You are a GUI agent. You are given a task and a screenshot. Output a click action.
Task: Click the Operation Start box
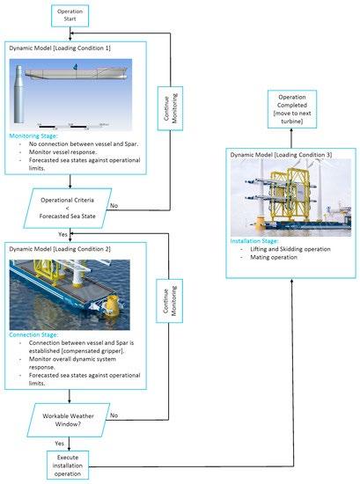click(70, 16)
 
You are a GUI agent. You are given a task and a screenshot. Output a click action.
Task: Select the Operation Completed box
click(291, 109)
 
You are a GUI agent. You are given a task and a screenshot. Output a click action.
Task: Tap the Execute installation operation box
click(68, 466)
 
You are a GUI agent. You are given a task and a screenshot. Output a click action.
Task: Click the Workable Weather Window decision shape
click(69, 420)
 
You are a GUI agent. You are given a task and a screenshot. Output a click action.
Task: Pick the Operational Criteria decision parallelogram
click(68, 208)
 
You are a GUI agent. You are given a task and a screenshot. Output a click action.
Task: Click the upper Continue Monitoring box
click(170, 108)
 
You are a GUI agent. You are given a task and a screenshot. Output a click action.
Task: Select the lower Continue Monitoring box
click(169, 301)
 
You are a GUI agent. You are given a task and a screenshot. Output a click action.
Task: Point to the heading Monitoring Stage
click(33, 136)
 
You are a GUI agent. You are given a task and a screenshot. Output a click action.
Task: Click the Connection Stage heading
click(33, 335)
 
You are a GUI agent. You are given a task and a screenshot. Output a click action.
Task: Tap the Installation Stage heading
click(254, 241)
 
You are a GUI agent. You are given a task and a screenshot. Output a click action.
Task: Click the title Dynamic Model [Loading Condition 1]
click(60, 48)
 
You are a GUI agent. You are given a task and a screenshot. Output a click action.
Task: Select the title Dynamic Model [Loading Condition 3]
click(281, 155)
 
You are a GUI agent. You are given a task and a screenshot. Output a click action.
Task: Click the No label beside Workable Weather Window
click(114, 415)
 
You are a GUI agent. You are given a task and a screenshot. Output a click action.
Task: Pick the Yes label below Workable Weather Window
click(59, 444)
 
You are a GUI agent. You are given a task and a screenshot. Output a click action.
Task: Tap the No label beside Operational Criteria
click(114, 206)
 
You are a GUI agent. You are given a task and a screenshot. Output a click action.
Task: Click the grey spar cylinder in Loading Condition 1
click(18, 94)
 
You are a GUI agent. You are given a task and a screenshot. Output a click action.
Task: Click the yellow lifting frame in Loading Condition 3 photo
click(289, 194)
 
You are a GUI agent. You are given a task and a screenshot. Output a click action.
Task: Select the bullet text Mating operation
click(274, 258)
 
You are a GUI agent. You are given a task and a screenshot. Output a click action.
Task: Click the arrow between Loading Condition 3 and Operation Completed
click(291, 138)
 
